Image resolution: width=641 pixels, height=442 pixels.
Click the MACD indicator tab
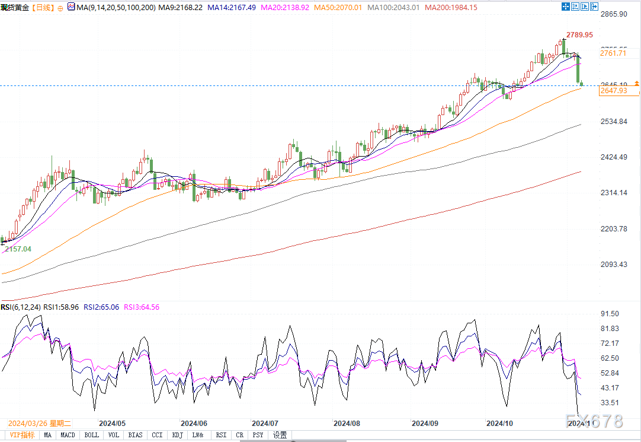(x=68, y=435)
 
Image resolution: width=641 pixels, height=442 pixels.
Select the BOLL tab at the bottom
(x=92, y=435)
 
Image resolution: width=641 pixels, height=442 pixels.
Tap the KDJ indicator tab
(x=178, y=435)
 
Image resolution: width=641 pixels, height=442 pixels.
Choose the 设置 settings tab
(x=280, y=435)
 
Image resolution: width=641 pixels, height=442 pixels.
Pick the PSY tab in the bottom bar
(x=258, y=435)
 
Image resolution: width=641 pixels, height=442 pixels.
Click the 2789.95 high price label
(x=579, y=35)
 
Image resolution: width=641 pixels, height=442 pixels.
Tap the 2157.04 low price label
(x=18, y=249)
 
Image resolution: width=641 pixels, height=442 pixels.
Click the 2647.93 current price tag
(x=613, y=90)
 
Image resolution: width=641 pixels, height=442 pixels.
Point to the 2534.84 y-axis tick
(x=613, y=122)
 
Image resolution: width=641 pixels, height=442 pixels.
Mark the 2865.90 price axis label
(x=613, y=14)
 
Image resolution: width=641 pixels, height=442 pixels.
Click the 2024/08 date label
(x=347, y=424)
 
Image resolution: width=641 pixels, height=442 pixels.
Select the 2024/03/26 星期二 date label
(x=39, y=424)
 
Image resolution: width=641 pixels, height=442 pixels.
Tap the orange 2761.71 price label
(x=613, y=53)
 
